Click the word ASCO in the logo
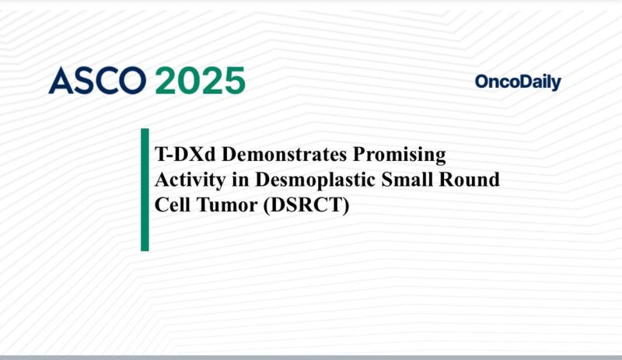(x=96, y=81)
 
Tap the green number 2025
(x=200, y=81)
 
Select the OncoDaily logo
(x=517, y=82)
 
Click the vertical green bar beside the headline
(x=145, y=190)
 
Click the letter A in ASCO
(x=60, y=81)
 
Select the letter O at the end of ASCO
(x=132, y=81)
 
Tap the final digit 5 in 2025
(x=232, y=81)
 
